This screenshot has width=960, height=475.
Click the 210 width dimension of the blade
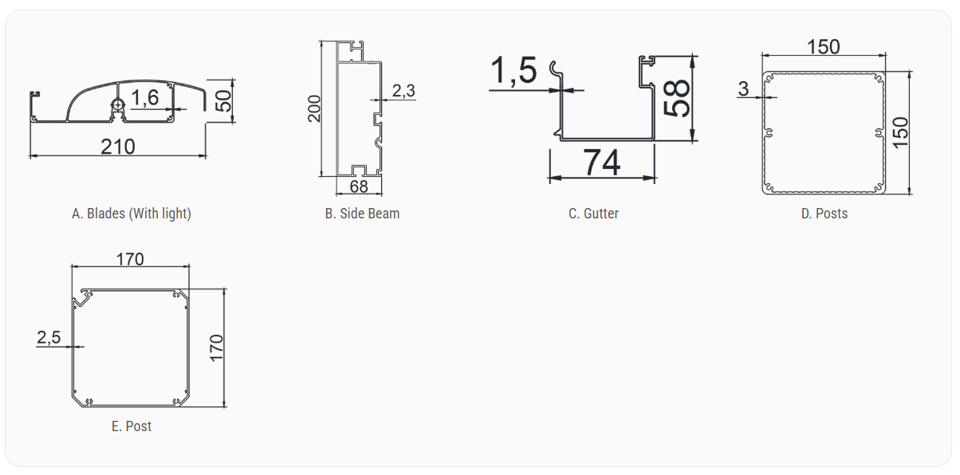(118, 147)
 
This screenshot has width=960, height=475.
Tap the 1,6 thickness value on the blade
(145, 98)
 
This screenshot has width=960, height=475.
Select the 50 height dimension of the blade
(223, 101)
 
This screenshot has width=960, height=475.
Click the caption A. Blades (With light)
(132, 214)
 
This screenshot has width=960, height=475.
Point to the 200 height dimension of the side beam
(314, 109)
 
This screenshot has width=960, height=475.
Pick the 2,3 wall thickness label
(403, 91)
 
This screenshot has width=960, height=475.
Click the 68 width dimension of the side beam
(359, 186)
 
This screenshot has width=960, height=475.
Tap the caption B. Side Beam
(362, 214)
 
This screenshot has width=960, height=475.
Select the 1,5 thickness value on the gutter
(513, 70)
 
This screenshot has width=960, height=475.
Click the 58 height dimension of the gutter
(677, 98)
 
